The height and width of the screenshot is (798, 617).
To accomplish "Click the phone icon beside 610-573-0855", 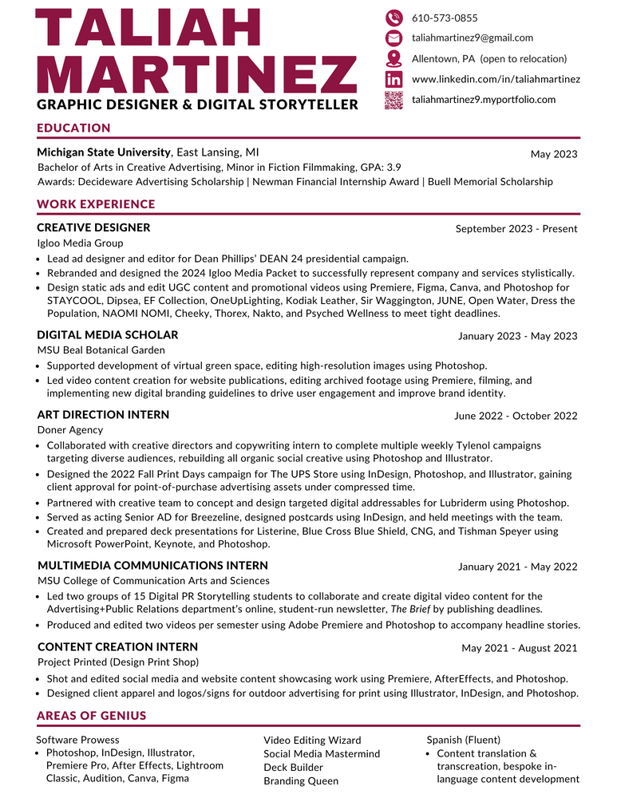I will click(394, 18).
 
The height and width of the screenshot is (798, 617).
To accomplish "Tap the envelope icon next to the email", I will click(394, 38).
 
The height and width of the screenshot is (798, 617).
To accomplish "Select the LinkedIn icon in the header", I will click(394, 79).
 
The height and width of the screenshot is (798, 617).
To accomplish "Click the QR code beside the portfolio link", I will click(394, 100).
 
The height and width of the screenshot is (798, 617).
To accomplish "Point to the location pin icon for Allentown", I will click(394, 58).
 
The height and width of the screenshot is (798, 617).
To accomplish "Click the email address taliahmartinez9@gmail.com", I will click(472, 38).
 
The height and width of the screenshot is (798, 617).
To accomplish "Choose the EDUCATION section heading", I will click(73, 128).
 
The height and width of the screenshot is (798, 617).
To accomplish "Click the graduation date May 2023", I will click(554, 154).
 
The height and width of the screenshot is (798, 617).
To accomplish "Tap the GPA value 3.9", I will click(393, 168).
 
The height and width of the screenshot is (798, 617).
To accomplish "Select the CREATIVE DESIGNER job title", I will click(93, 228).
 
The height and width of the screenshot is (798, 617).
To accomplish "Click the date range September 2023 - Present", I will click(516, 229).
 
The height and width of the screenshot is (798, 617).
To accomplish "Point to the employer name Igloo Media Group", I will click(80, 243).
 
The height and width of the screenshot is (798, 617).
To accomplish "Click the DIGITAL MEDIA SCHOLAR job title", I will click(108, 335).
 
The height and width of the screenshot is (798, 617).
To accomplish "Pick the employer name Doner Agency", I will click(70, 430).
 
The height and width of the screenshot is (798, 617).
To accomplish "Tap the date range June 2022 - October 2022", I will click(516, 416).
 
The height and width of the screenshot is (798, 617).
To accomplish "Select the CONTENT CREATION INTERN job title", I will click(117, 647).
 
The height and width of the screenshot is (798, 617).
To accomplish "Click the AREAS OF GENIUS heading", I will click(92, 715).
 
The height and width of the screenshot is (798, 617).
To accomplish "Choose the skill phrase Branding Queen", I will click(301, 781).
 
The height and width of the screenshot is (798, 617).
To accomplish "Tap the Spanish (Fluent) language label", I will click(464, 740).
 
